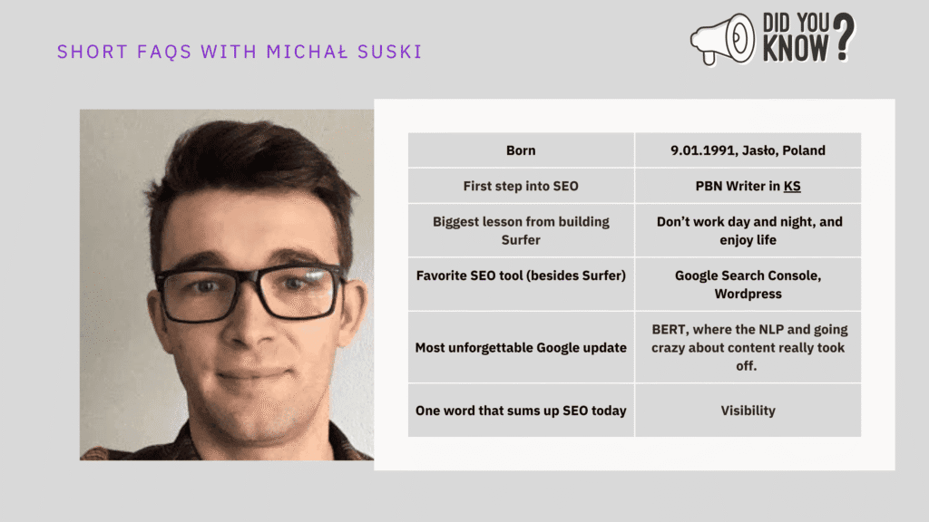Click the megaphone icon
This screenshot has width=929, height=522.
pyautogui.click(x=723, y=39)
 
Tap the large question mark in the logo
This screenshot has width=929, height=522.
pyautogui.click(x=844, y=36)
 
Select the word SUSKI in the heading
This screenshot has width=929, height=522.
pyautogui.click(x=390, y=52)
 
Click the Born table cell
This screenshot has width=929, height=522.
pyautogui.click(x=521, y=150)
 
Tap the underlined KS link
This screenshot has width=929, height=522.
pyautogui.click(x=792, y=187)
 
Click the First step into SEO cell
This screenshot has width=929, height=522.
pyautogui.click(x=521, y=186)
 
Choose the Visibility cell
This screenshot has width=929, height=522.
pyautogui.click(x=748, y=411)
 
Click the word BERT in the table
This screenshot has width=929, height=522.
pyautogui.click(x=670, y=330)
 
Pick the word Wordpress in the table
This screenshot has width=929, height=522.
pyautogui.click(x=748, y=295)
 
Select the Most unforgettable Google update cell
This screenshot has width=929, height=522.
pyautogui.click(x=521, y=347)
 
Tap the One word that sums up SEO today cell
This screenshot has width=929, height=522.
pyautogui.click(x=521, y=411)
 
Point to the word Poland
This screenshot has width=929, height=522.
pyautogui.click(x=804, y=150)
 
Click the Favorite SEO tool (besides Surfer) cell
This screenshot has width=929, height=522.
pyautogui.click(x=521, y=284)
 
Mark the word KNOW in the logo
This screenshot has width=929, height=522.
pyautogui.click(x=795, y=48)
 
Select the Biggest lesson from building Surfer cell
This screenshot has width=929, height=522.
pyautogui.click(x=521, y=230)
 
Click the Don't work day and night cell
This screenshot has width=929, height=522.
pyautogui.click(x=748, y=230)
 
